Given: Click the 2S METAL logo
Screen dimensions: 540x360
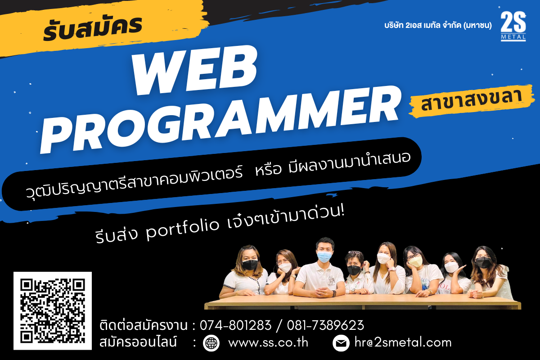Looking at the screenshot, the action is tap(513, 26).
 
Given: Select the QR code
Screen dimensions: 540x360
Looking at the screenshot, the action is tap(53, 310).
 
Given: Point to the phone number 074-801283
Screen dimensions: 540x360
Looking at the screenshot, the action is tap(235, 325).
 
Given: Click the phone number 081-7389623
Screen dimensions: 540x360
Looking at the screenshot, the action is tap(325, 325).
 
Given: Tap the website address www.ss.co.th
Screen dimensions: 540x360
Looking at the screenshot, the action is tap(268, 342).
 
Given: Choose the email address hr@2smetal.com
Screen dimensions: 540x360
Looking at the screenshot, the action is tap(403, 342).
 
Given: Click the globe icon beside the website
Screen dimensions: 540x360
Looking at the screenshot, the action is tap(211, 343).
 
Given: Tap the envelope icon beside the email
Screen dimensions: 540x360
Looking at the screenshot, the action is tap(341, 343).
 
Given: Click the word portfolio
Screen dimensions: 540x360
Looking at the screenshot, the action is tap(183, 228).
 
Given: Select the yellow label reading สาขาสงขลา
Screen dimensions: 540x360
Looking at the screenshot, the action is tap(471, 101).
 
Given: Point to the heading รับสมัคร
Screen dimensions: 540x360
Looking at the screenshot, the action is tap(93, 28).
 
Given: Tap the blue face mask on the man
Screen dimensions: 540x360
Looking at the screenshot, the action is tap(324, 256).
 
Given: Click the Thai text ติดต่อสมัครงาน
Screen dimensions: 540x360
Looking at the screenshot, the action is tap(144, 325).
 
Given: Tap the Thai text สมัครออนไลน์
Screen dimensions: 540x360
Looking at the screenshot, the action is tap(138, 342).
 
